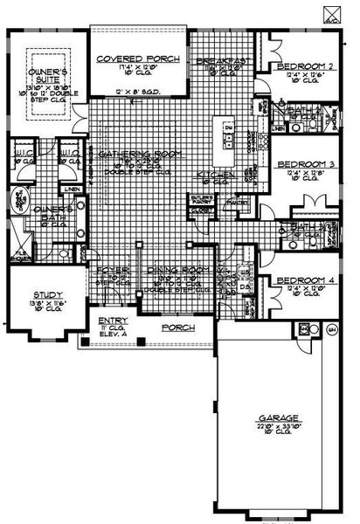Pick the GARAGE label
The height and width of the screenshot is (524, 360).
tap(273, 417)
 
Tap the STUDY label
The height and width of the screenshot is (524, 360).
tap(43, 294)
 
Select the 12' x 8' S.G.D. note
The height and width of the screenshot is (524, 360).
tap(138, 91)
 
